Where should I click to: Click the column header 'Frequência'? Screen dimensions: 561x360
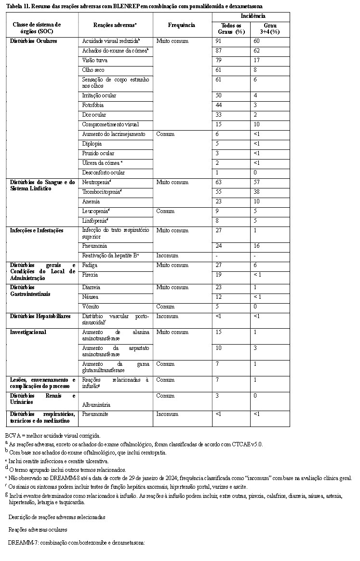click(x=182, y=25)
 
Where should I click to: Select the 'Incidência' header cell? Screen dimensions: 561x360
click(x=251, y=16)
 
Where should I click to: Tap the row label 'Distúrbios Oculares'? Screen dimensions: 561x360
click(x=34, y=41)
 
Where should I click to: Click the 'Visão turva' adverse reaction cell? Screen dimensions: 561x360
click(x=95, y=60)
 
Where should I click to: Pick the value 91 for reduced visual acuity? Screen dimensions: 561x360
click(x=220, y=41)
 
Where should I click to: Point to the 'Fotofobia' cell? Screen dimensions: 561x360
click(x=93, y=105)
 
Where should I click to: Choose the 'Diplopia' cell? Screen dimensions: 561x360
click(x=92, y=144)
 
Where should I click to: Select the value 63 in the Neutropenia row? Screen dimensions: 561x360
click(x=220, y=182)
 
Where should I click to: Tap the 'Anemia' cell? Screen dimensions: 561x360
click(x=91, y=201)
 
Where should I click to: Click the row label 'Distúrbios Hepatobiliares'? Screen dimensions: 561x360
click(x=40, y=316)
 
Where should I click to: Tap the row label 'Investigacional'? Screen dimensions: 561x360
click(x=28, y=332)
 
